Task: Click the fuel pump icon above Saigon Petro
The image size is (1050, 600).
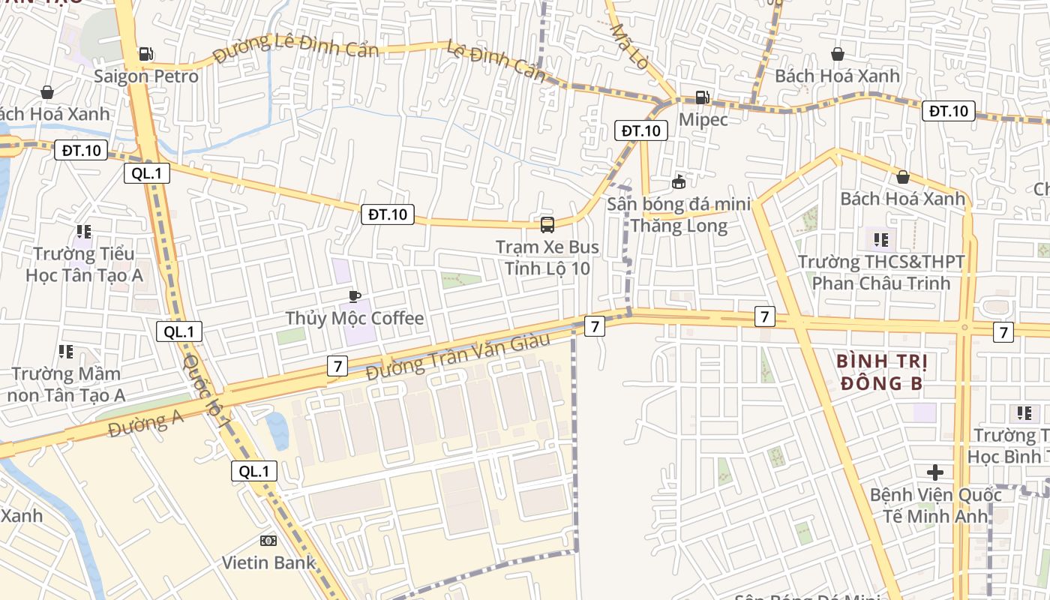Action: [x=146, y=54]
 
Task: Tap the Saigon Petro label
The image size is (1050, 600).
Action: [x=146, y=76]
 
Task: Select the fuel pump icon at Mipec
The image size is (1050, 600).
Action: [x=702, y=97]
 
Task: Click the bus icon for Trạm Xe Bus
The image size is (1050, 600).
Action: [x=547, y=224]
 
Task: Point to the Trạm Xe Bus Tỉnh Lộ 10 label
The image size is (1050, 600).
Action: [x=547, y=257]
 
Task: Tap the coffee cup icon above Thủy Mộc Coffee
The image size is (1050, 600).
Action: [x=355, y=296]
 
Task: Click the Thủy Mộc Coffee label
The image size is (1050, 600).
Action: [x=355, y=318]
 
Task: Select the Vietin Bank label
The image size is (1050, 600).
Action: [x=268, y=562]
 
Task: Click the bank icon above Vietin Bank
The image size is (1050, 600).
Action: [x=268, y=541]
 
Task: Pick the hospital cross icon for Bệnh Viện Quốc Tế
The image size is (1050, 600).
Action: [x=934, y=472]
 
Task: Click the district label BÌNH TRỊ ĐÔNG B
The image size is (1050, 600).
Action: [x=882, y=373]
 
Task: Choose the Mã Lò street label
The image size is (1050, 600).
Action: [x=629, y=46]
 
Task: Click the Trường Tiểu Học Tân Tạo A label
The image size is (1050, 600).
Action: [x=84, y=264]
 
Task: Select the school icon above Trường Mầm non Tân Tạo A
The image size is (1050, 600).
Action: [x=65, y=351]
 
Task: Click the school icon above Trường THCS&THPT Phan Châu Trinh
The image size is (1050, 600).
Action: [x=880, y=240]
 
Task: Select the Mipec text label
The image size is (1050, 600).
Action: [x=703, y=118]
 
